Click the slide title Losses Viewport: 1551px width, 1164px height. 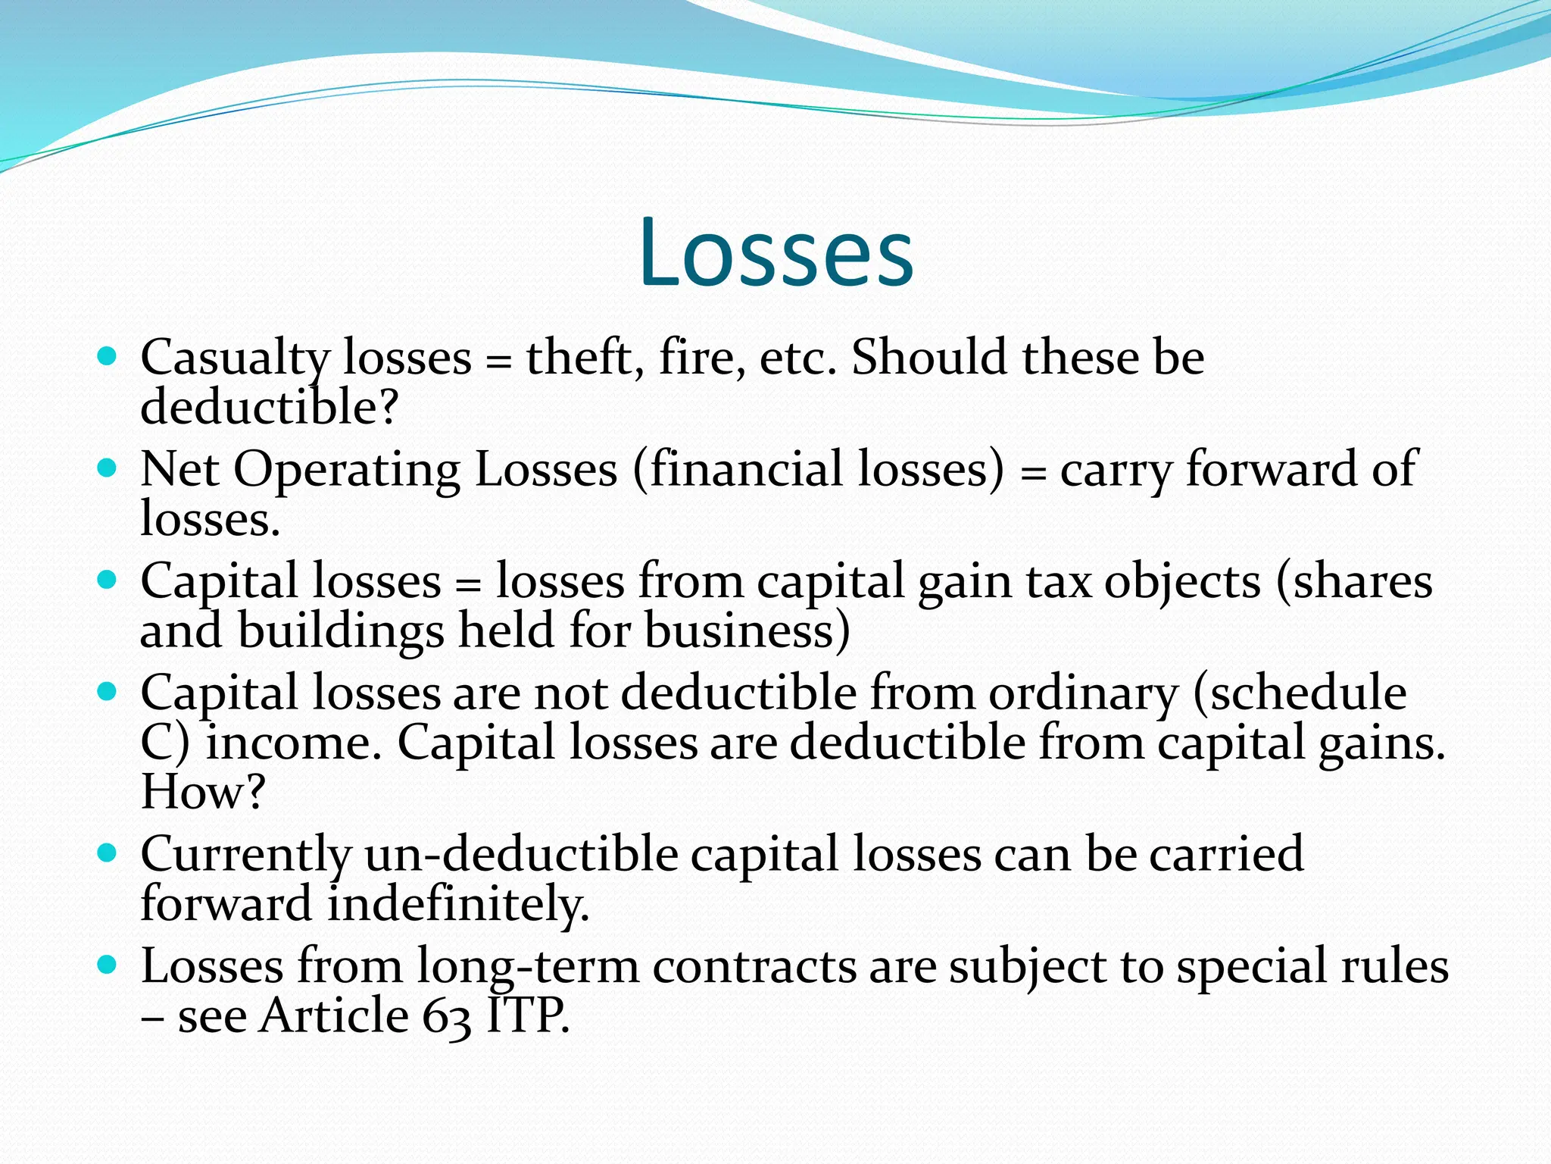[776, 252]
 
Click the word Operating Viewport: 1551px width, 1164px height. [346, 471]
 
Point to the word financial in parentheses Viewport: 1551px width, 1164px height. [746, 469]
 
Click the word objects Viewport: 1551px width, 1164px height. [1182, 582]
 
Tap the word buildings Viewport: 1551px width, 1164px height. [341, 631]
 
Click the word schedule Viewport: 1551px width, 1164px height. [1307, 693]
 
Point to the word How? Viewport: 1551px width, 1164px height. [203, 792]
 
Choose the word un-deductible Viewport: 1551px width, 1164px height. [521, 854]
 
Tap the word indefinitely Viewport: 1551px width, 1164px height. [457, 904]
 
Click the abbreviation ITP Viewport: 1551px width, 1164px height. [526, 1015]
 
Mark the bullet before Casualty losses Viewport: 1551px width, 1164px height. [108, 357]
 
